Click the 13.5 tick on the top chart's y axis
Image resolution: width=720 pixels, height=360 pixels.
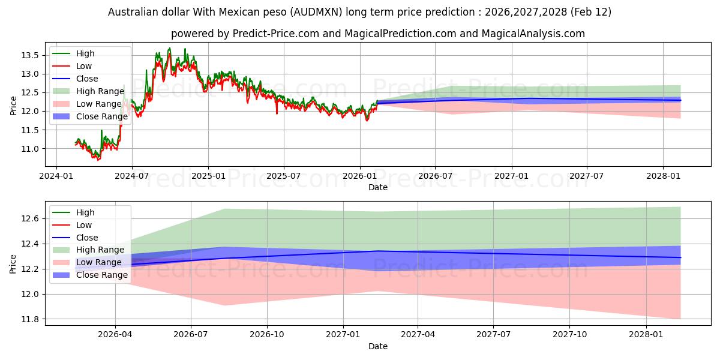click(30, 55)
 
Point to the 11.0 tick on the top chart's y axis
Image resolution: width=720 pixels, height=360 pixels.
click(30, 149)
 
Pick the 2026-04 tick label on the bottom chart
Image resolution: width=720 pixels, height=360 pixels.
click(115, 334)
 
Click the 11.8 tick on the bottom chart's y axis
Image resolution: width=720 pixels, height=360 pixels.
click(30, 319)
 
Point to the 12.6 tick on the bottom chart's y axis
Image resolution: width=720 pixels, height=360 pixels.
click(30, 218)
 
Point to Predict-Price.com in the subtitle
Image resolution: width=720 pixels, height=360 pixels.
click(262, 34)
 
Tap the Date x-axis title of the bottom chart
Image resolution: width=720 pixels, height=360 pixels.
click(378, 346)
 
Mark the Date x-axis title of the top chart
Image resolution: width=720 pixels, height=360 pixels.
click(378, 187)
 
